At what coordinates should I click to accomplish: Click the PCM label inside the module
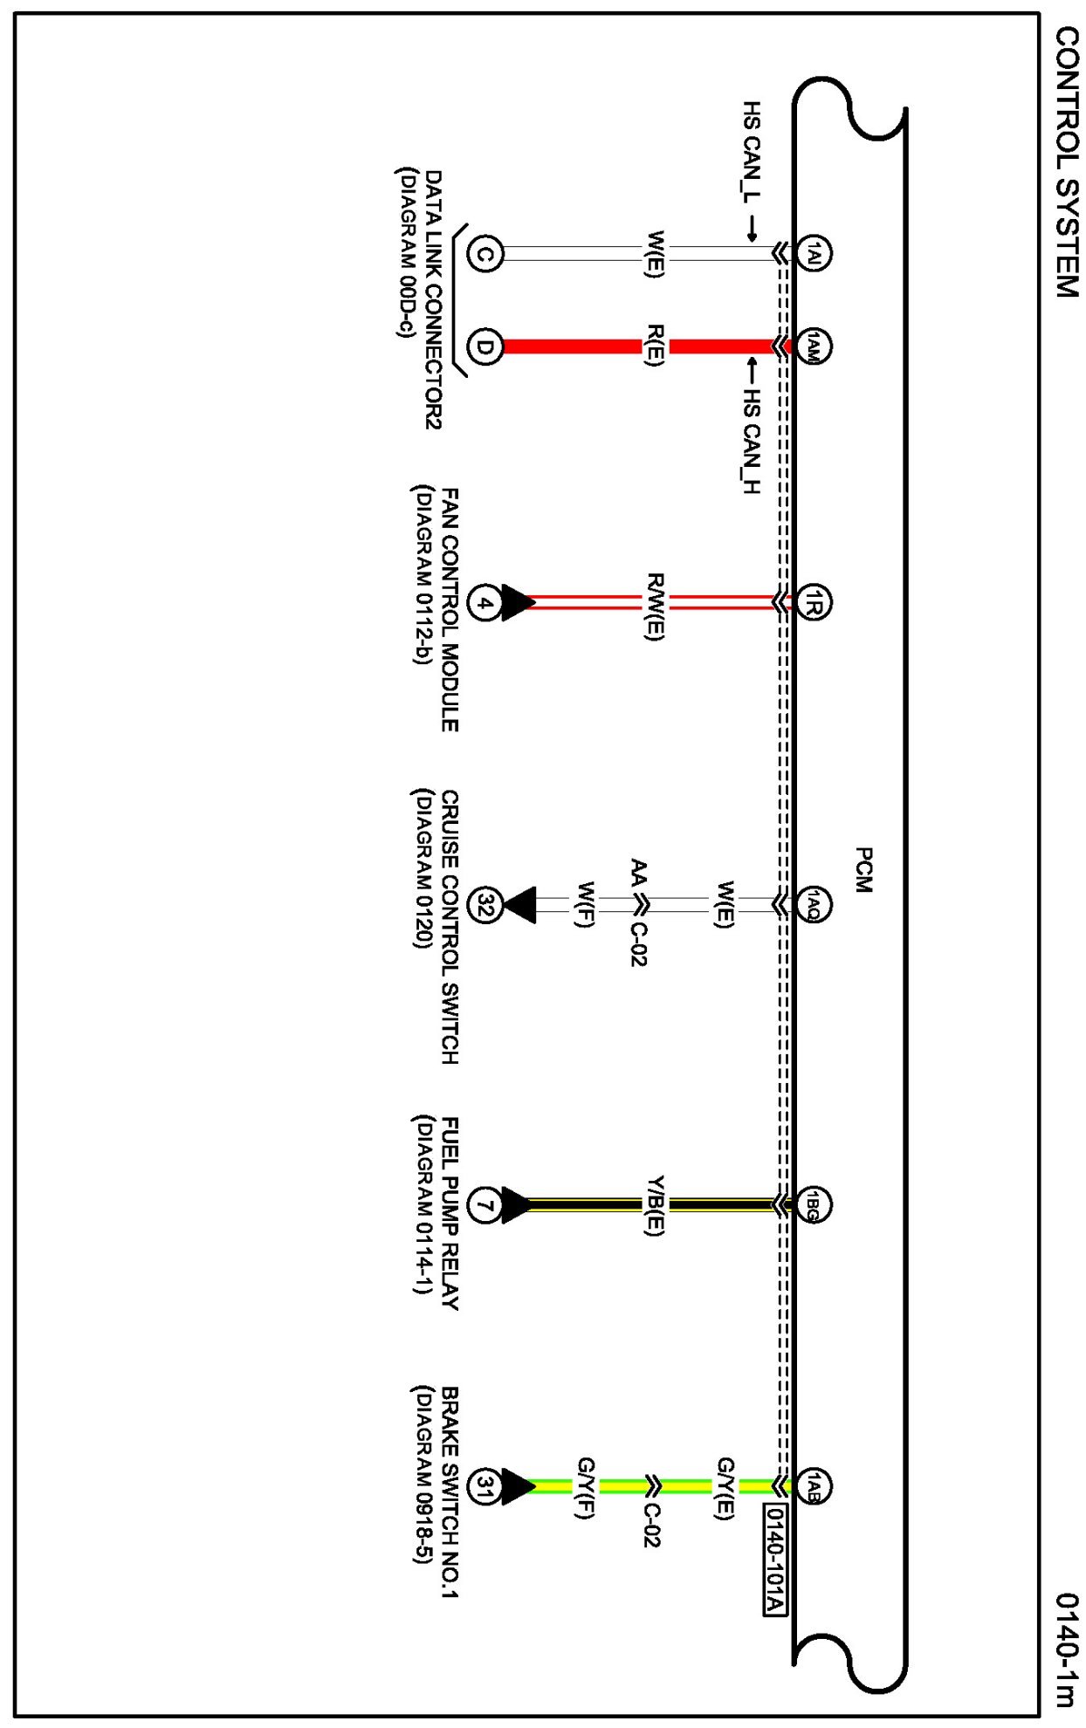[863, 869]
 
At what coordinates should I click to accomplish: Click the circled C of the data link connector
[485, 254]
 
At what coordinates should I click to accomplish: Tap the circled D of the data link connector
[485, 346]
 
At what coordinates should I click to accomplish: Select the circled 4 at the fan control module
[485, 602]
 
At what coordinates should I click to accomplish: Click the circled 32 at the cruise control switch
[485, 905]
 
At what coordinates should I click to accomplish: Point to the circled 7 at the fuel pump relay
[485, 1205]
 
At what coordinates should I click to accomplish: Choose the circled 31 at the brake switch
[485, 1486]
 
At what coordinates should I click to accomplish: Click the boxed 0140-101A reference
[775, 1560]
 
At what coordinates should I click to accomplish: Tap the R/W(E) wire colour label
[656, 607]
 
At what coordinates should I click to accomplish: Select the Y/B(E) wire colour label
[656, 1206]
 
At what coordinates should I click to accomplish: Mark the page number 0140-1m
[1066, 1649]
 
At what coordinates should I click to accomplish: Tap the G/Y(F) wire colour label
[586, 1487]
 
